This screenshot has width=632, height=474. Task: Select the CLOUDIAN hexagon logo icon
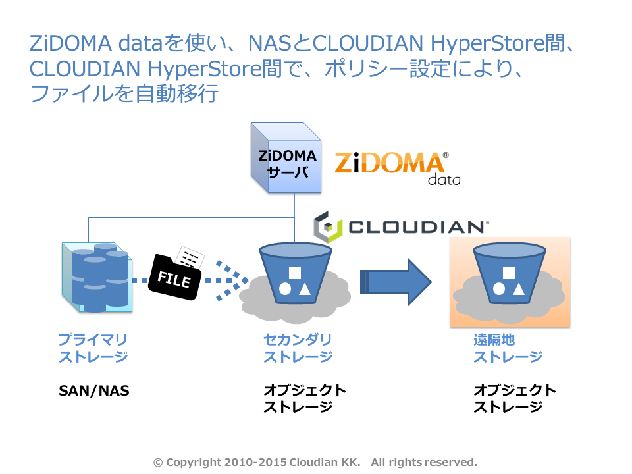point(327,226)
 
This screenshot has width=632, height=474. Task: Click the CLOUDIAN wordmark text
point(417,227)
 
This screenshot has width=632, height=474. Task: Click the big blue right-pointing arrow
point(395,282)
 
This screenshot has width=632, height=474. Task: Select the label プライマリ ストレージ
point(93,348)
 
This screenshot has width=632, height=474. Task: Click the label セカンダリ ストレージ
point(298,348)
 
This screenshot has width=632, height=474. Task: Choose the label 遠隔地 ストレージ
point(508,348)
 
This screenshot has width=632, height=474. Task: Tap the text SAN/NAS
point(94,390)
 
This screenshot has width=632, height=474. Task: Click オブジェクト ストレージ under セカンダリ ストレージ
point(304,398)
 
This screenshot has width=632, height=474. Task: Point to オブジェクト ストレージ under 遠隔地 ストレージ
point(514,398)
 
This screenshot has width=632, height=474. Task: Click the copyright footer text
point(315,462)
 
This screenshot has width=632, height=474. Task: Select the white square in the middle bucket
point(295,272)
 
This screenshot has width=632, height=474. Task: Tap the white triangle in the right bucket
point(518,288)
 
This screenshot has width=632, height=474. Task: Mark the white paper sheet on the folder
point(192,257)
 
